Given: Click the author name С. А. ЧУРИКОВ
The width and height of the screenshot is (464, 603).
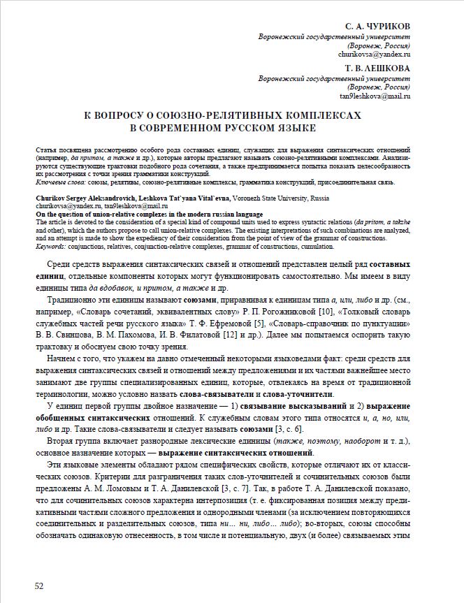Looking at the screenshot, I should (x=374, y=26).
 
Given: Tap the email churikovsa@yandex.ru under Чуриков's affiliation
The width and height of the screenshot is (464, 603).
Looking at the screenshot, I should (x=374, y=53).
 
